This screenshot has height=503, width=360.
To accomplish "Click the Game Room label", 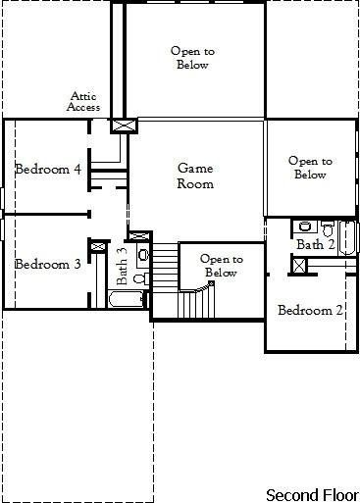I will (x=194, y=176).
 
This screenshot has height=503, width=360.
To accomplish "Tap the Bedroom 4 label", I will (x=48, y=169).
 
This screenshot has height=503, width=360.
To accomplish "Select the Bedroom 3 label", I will (x=47, y=264).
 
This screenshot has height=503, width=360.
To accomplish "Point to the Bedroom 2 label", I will (x=310, y=311).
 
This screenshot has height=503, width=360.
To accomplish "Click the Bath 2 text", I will (x=317, y=244).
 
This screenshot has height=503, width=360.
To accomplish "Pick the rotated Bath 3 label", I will (x=122, y=265).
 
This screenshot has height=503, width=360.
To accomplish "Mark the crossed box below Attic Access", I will (x=124, y=126).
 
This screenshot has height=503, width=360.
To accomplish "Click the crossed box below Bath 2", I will (x=299, y=265).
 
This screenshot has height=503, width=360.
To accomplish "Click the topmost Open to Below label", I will (x=192, y=58).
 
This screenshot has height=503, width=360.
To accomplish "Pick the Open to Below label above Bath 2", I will (x=309, y=168).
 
